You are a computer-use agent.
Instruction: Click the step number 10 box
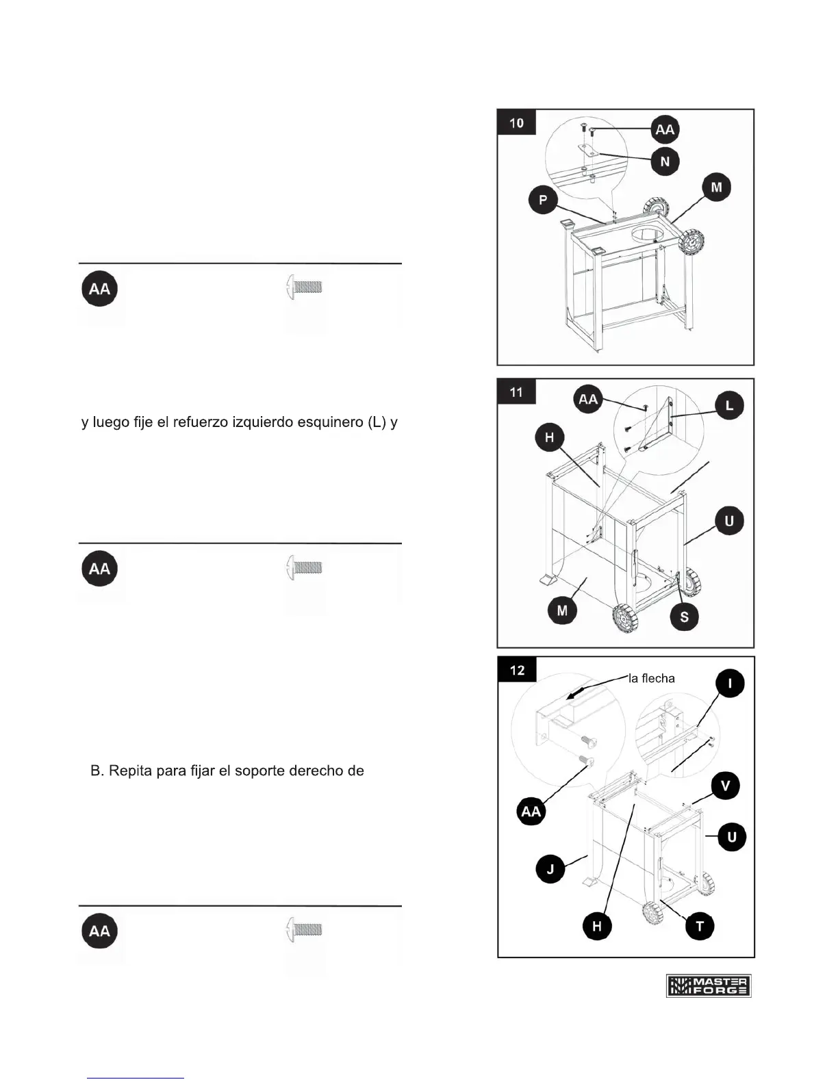click(x=516, y=123)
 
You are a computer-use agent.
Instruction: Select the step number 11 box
click(x=516, y=392)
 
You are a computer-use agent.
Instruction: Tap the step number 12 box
click(x=517, y=670)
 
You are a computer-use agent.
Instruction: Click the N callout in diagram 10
click(x=665, y=162)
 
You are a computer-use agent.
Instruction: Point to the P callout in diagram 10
click(x=543, y=200)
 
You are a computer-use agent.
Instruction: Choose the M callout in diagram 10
click(x=717, y=187)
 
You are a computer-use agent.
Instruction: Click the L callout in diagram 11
click(x=729, y=405)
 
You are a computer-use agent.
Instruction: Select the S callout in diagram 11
click(x=684, y=617)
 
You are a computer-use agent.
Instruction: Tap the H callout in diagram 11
click(x=549, y=437)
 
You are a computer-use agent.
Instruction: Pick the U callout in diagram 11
click(x=729, y=521)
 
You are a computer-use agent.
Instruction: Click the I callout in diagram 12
click(x=730, y=683)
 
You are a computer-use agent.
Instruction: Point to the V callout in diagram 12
click(x=725, y=786)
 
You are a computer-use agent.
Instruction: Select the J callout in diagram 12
click(x=550, y=869)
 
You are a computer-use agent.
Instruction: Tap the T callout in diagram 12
click(x=700, y=927)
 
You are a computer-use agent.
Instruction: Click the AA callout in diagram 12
click(x=531, y=812)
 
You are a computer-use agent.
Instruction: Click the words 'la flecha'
click(x=651, y=678)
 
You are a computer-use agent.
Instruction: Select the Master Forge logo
click(x=709, y=985)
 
